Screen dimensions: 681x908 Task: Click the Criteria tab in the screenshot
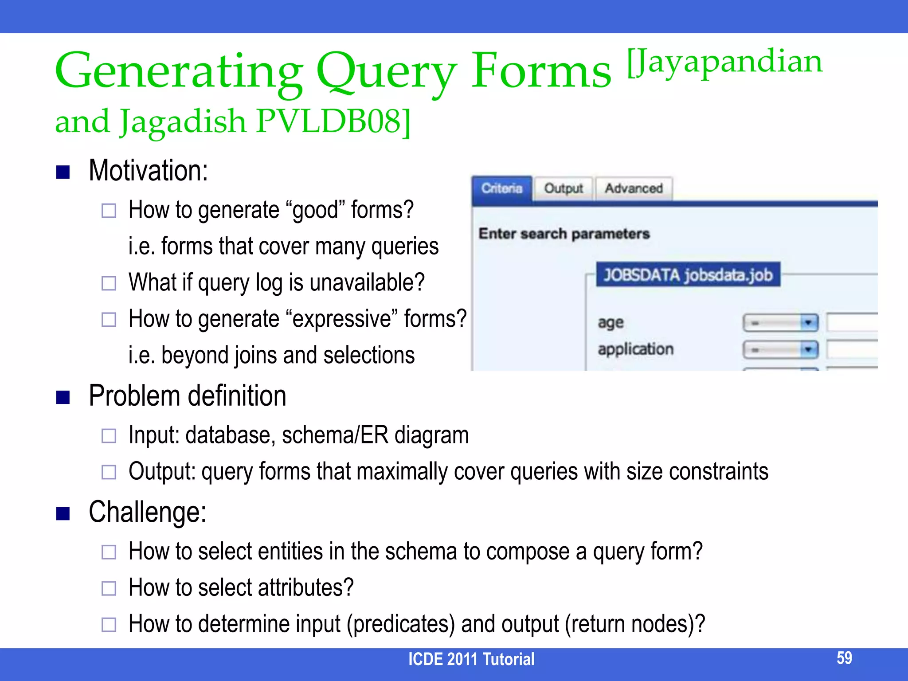coord(502,189)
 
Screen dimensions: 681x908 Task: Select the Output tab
coord(563,189)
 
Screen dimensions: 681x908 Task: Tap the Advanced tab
coord(634,189)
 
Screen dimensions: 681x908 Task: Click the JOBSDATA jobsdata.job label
coord(688,275)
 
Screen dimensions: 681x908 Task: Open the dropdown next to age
coord(780,323)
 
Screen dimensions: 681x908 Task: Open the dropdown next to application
coord(780,350)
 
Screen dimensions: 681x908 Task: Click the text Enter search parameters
coord(564,234)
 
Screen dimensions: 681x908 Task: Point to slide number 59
coord(844,658)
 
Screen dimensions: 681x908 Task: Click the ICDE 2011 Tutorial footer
coord(471,659)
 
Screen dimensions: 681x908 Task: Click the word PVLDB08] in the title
coord(333,121)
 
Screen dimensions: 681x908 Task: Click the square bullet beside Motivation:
coord(63,172)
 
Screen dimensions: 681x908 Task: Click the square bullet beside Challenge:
coord(63,513)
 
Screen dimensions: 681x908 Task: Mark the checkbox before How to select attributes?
coord(109,588)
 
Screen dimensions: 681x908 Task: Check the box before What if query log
coord(109,283)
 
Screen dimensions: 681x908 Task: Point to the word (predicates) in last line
coord(401,624)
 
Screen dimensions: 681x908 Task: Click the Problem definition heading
coord(187,395)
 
